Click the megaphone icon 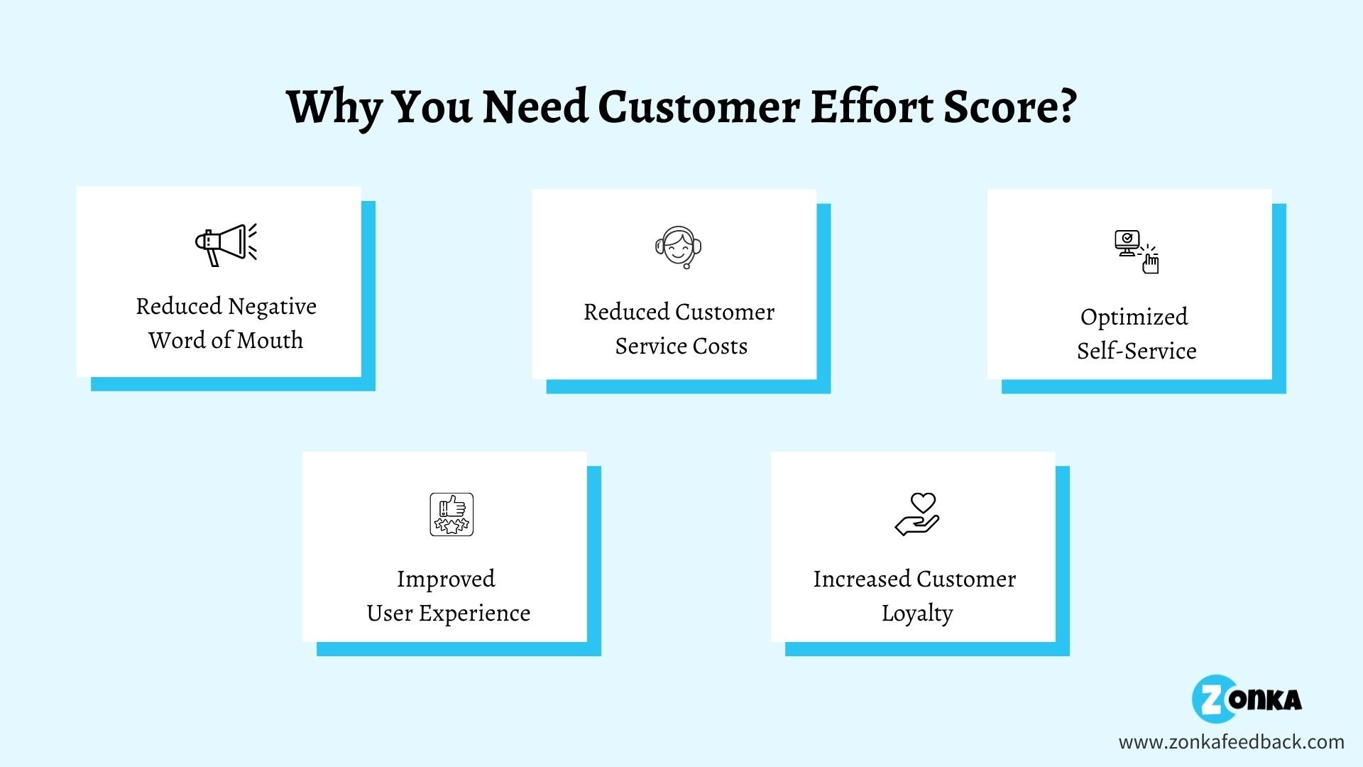(x=226, y=245)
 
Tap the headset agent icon (x=678, y=247)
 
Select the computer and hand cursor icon (x=1136, y=251)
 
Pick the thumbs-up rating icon (x=451, y=514)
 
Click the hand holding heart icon (x=917, y=514)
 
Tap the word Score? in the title (x=1010, y=107)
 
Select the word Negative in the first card (x=272, y=307)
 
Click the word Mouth (x=270, y=340)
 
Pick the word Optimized (x=1134, y=317)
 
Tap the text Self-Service (x=1137, y=350)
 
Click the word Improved (x=446, y=580)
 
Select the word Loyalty (x=917, y=613)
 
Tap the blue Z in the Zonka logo (x=1210, y=698)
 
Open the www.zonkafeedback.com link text (x=1232, y=742)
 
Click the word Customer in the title (x=699, y=107)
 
